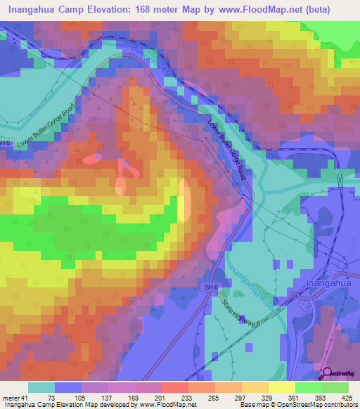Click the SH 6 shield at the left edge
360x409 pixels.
(x=5, y=143)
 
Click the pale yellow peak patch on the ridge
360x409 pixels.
(x=184, y=201)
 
